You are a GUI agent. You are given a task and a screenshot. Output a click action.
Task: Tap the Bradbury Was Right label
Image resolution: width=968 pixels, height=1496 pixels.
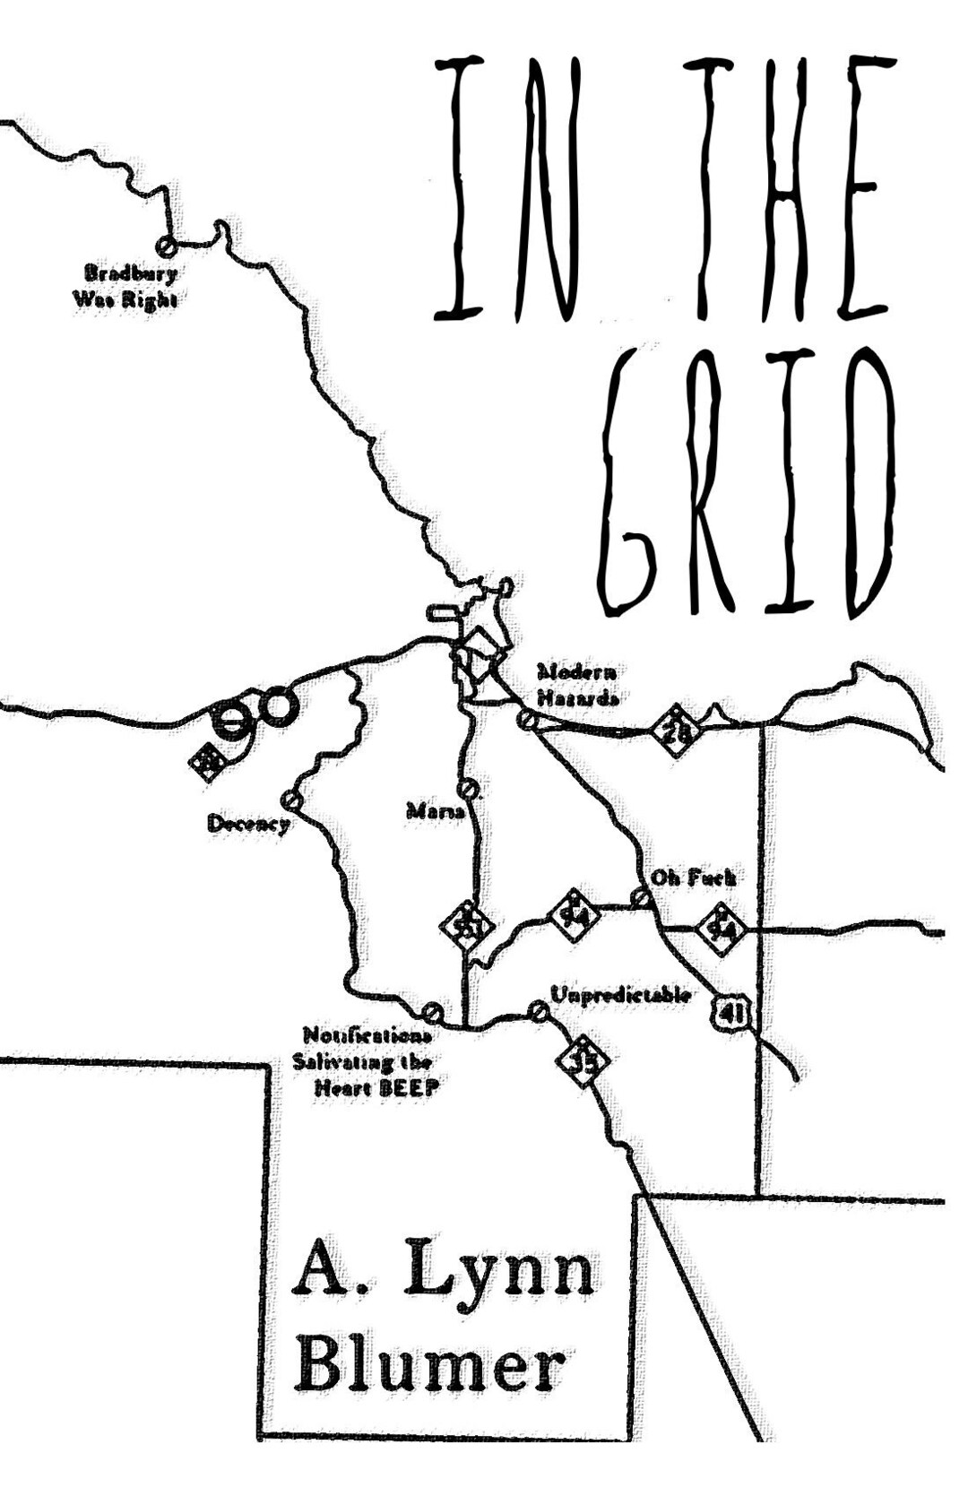pos(125,286)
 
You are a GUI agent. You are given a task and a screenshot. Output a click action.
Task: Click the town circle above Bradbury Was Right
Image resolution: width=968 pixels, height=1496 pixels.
pos(166,244)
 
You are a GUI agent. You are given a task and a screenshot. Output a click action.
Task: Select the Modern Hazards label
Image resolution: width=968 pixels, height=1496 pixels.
pos(577,685)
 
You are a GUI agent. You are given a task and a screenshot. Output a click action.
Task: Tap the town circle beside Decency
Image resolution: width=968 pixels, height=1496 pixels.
pos(290,799)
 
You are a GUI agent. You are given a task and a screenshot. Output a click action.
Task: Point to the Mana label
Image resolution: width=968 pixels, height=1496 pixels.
pos(436,812)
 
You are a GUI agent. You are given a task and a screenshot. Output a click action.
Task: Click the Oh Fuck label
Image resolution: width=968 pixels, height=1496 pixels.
pos(693,878)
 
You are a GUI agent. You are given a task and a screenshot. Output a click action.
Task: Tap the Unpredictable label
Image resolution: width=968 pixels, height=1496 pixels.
pos(620,995)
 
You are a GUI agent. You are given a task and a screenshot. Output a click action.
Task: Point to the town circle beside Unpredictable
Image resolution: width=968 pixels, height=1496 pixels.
pos(538,1012)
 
